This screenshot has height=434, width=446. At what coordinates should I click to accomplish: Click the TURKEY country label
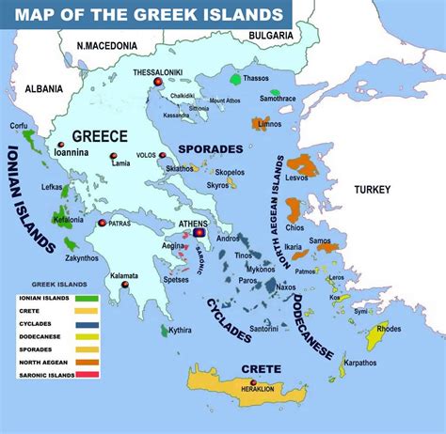[x=372, y=190]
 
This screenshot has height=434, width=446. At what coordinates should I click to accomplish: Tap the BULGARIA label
[x=273, y=35]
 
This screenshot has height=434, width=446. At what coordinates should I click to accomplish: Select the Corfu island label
[x=17, y=125]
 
